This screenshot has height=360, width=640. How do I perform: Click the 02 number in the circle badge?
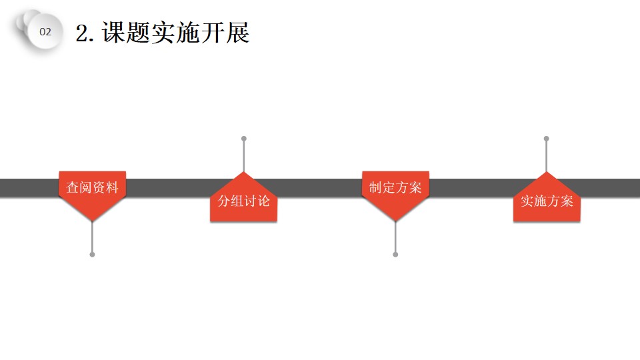tap(45, 32)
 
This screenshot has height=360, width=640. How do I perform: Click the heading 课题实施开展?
tap(175, 32)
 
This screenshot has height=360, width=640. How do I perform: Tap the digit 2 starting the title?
tap(82, 33)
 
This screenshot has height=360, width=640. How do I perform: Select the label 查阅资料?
tap(92, 187)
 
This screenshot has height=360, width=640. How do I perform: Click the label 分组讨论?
tap(244, 201)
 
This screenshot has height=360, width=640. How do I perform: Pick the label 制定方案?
tap(395, 187)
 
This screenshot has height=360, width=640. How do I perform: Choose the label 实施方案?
tap(547, 201)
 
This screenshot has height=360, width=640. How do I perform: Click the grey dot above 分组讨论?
tap(244, 139)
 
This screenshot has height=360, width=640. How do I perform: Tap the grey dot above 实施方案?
tap(547, 139)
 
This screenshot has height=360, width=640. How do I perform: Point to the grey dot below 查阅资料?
tap(92, 255)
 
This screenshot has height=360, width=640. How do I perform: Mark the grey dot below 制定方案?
tap(395, 255)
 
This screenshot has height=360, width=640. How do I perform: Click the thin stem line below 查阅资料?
tap(92, 237)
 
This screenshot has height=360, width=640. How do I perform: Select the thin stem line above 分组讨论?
tap(244, 156)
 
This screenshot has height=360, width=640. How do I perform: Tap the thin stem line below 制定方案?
tap(395, 237)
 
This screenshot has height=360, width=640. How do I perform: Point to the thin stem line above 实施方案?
tap(547, 156)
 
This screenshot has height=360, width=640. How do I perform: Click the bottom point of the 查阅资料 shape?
tap(92, 221)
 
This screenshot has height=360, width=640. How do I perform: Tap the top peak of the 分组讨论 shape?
tap(244, 172)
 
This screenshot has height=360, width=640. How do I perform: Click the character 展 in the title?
tap(237, 32)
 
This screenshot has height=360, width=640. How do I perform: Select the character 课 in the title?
tap(113, 32)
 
